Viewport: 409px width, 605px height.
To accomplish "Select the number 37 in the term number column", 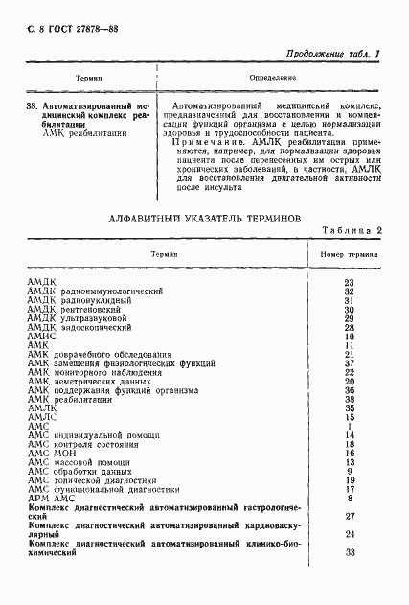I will [349, 363].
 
